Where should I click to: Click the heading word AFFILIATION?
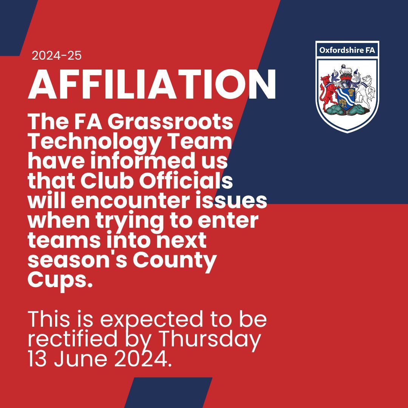152,85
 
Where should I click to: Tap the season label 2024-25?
57,56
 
